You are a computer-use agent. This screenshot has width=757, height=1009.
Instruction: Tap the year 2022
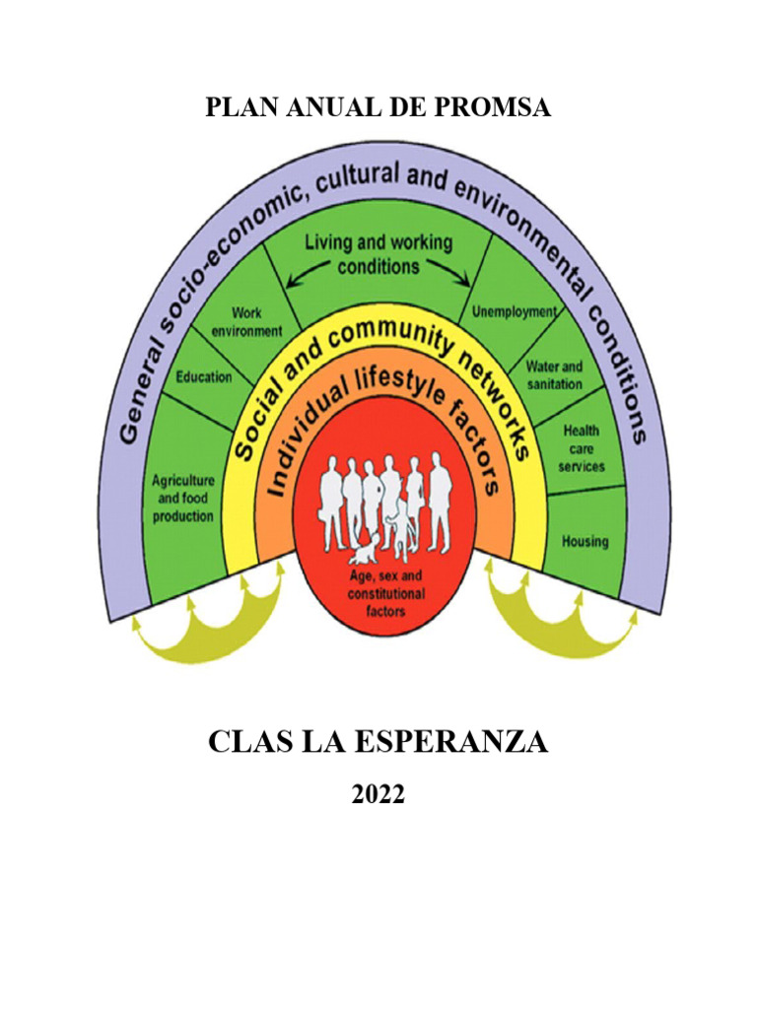[378, 794]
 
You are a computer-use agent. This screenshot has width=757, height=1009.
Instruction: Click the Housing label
[585, 541]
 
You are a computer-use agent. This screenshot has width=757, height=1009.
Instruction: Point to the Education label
[203, 376]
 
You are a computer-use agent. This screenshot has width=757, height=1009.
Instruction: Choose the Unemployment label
[514, 311]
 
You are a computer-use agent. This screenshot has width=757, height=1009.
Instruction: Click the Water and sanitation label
[554, 374]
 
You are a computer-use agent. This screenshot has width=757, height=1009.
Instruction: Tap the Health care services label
[582, 448]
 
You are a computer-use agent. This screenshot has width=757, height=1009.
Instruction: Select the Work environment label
[247, 322]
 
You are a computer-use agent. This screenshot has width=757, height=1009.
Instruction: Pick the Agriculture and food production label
[182, 499]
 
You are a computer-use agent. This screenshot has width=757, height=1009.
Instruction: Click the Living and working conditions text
[378, 253]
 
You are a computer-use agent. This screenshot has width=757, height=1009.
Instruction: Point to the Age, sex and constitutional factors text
[385, 593]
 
